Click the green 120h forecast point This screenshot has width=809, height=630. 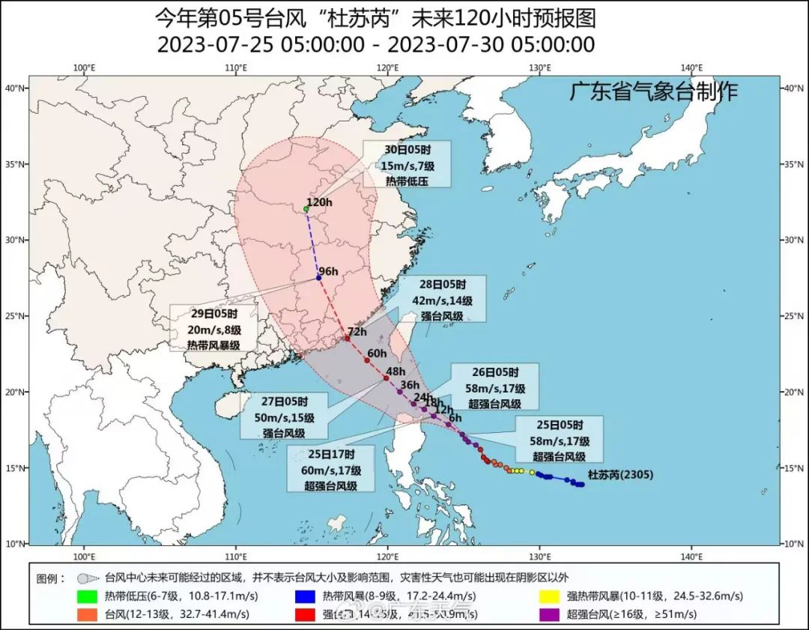tap(306, 209)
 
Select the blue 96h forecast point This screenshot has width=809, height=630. tap(319, 278)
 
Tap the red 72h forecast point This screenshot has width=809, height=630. tap(347, 339)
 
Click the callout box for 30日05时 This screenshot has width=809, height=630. tap(407, 163)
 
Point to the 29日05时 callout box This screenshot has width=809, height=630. tap(213, 327)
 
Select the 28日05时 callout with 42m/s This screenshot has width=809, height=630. tap(441, 299)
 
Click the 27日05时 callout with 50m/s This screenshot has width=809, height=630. tap(283, 416)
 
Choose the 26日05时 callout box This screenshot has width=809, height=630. tap(494, 387)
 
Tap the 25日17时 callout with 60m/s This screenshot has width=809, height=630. tap(330, 469)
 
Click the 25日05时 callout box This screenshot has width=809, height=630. tap(560, 440)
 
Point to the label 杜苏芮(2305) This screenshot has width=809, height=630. tap(621, 474)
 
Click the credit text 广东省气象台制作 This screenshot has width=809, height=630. tap(652, 91)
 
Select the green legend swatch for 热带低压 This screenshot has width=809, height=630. tap(88, 596)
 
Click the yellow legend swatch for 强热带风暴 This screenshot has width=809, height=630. tap(551, 596)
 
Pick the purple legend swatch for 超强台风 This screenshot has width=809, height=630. tap(551, 614)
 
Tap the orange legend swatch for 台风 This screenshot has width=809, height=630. tap(88, 614)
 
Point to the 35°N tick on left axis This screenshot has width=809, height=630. tap(16, 164)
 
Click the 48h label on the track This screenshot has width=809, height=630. tap(395, 371)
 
